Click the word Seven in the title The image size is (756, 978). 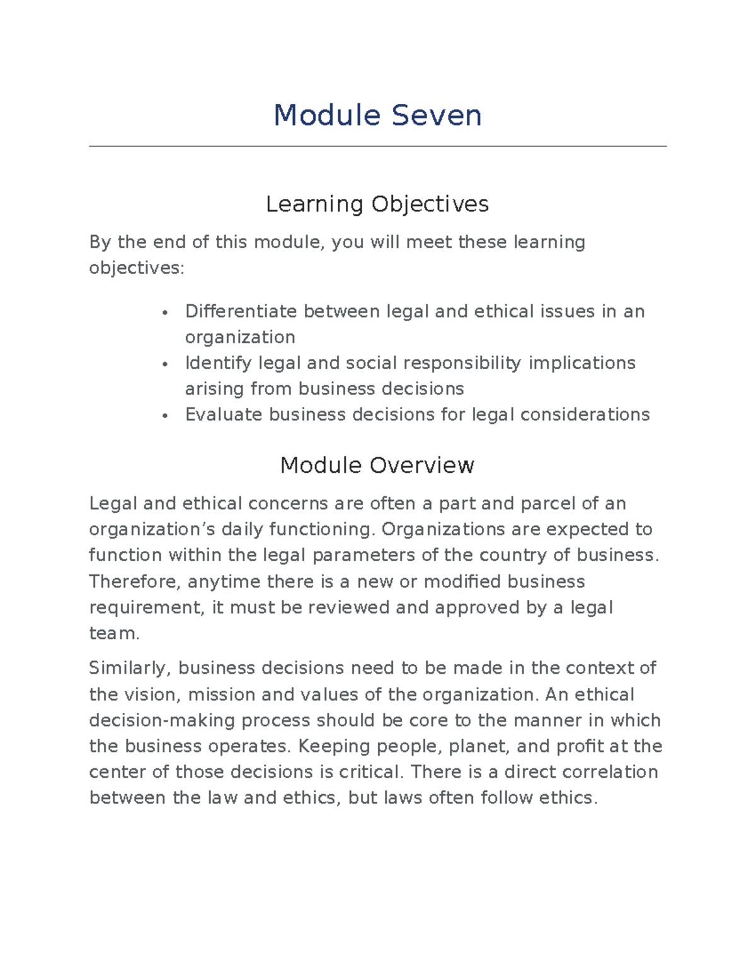[x=436, y=116]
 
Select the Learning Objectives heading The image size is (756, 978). [x=377, y=204]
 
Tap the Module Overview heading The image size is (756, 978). [x=377, y=465]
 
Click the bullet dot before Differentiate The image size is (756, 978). [x=164, y=312]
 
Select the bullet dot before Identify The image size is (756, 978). [x=164, y=364]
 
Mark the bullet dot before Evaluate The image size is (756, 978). [x=164, y=416]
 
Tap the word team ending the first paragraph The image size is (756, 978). [x=113, y=634]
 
